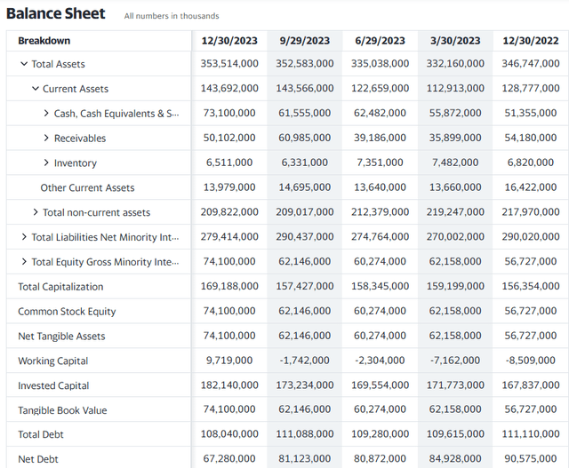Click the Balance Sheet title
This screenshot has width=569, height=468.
tap(55, 13)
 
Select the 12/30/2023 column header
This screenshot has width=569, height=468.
tap(229, 41)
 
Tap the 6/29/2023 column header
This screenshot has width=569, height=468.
tap(380, 41)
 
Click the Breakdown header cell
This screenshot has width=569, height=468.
tap(44, 41)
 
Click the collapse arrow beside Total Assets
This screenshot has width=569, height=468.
tap(24, 64)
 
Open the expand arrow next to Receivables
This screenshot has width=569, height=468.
tap(46, 138)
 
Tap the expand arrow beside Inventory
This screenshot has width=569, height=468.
tap(46, 163)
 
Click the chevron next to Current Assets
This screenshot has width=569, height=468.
tap(36, 89)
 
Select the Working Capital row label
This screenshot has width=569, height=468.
tap(53, 361)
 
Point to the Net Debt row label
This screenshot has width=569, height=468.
tap(38, 459)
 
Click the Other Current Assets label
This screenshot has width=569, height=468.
tap(87, 187)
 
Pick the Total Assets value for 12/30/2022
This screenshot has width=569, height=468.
tap(531, 63)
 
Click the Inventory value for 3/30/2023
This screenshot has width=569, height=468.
tap(455, 162)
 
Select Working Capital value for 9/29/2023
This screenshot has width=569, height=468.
tap(304, 360)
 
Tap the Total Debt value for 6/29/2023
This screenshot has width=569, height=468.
tap(380, 433)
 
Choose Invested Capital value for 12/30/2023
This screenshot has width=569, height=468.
tap(229, 385)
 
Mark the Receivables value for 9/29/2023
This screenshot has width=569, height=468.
tap(304, 138)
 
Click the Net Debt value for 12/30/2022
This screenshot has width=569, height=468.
tap(531, 458)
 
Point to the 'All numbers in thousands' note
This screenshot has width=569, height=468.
tap(172, 16)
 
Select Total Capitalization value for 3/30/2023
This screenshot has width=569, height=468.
tap(455, 286)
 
